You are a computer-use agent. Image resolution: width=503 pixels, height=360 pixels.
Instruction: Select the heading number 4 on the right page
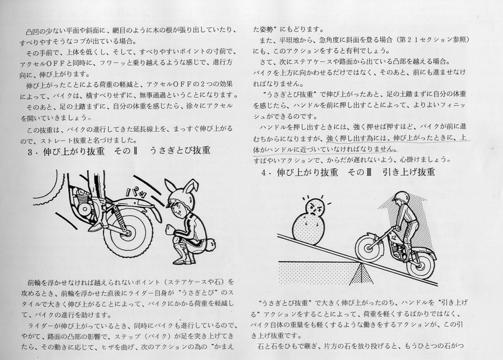(x=264, y=173)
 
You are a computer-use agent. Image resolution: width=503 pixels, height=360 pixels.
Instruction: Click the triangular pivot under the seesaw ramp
(x=361, y=273)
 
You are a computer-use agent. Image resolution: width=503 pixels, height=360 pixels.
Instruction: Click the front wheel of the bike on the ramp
(x=368, y=248)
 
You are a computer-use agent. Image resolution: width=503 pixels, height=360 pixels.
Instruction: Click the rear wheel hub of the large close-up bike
(x=128, y=233)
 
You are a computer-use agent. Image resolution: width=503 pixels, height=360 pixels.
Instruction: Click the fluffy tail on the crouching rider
(x=210, y=245)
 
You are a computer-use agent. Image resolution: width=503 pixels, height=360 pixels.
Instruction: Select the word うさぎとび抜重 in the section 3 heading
(x=180, y=151)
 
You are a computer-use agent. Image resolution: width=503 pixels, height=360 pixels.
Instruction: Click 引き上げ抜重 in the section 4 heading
(x=409, y=172)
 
